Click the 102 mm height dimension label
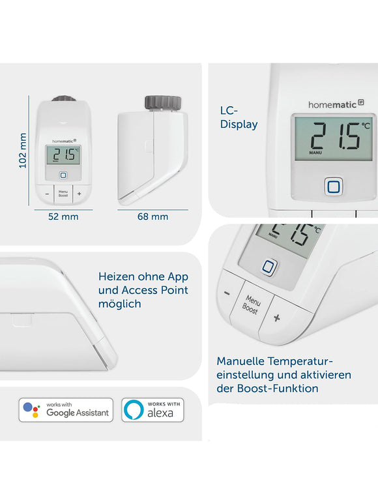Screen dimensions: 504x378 [23, 151]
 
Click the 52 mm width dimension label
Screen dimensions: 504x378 [63, 216]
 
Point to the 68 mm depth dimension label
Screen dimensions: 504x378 [153, 216]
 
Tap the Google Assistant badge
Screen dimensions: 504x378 [66, 410]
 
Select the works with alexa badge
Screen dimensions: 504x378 [153, 410]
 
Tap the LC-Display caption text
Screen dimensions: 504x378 [239, 118]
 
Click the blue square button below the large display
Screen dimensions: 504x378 [334, 187]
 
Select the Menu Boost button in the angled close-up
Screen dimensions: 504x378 [251, 304]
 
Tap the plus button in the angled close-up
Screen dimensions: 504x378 [276, 318]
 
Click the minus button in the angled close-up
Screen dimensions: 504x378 [227, 293]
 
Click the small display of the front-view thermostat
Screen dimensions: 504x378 [63, 155]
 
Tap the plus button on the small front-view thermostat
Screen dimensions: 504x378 [79, 193]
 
